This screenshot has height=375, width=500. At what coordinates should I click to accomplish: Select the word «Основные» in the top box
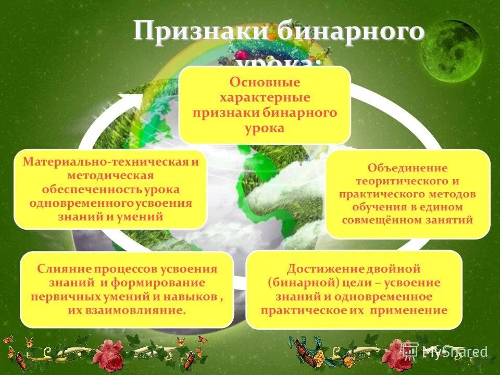[265, 83]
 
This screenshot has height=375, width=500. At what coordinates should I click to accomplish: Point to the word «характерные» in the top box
[265, 97]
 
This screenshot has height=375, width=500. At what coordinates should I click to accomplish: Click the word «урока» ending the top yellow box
[265, 128]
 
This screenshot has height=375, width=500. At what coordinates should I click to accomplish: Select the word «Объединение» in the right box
[408, 168]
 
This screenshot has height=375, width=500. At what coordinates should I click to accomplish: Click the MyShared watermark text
[454, 351]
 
